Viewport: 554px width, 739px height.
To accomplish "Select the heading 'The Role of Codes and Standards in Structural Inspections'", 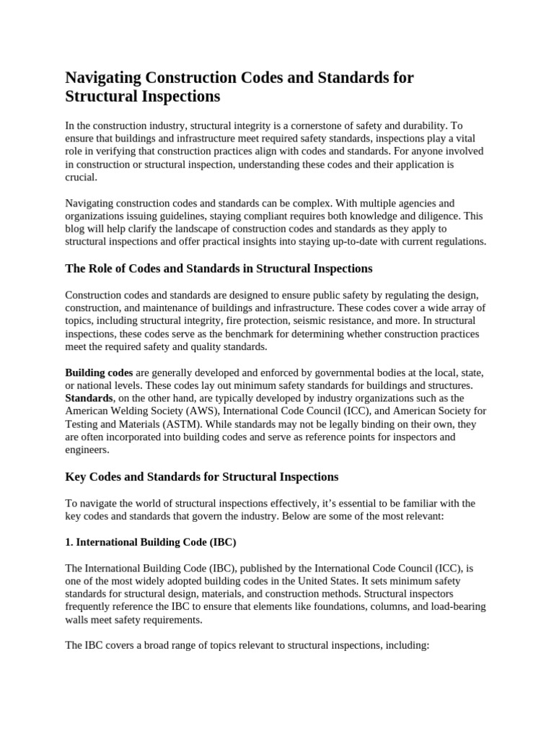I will coord(219,268).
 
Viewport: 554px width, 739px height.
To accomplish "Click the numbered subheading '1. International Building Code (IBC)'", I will coord(151,541).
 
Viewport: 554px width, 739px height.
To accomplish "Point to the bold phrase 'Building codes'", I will coord(99,372).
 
